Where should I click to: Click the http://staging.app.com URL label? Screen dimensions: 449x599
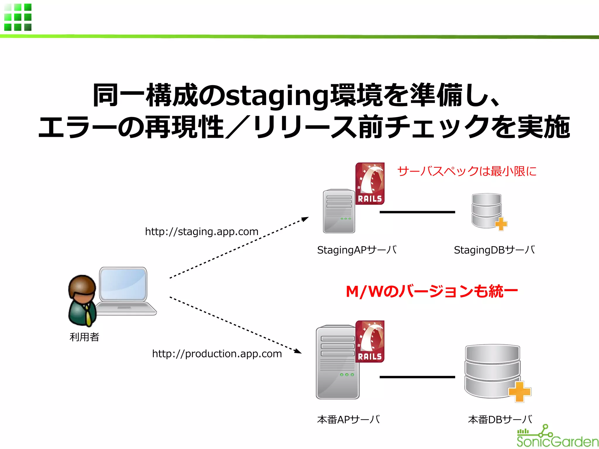(x=202, y=232)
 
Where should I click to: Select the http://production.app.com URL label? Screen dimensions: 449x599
(x=217, y=354)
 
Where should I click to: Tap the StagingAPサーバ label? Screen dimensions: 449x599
(x=357, y=250)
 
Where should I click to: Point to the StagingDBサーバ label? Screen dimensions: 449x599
(x=494, y=250)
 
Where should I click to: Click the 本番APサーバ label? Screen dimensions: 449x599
(x=348, y=419)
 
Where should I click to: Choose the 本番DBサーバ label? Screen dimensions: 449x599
(x=500, y=419)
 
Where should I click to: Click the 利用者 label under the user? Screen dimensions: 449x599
(x=84, y=337)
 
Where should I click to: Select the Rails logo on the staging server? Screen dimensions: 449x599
(x=370, y=183)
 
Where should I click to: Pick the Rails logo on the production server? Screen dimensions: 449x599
(x=370, y=341)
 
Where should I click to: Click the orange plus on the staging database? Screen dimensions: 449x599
(x=501, y=224)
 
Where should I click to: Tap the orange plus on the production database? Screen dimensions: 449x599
(x=519, y=392)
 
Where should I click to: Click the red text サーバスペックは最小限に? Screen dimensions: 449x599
(x=467, y=171)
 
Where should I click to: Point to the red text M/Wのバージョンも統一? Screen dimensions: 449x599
(x=432, y=291)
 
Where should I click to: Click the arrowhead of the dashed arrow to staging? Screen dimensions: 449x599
(x=305, y=219)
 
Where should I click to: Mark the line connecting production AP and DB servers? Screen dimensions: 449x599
(x=417, y=377)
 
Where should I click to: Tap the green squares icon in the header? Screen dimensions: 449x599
(x=18, y=17)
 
